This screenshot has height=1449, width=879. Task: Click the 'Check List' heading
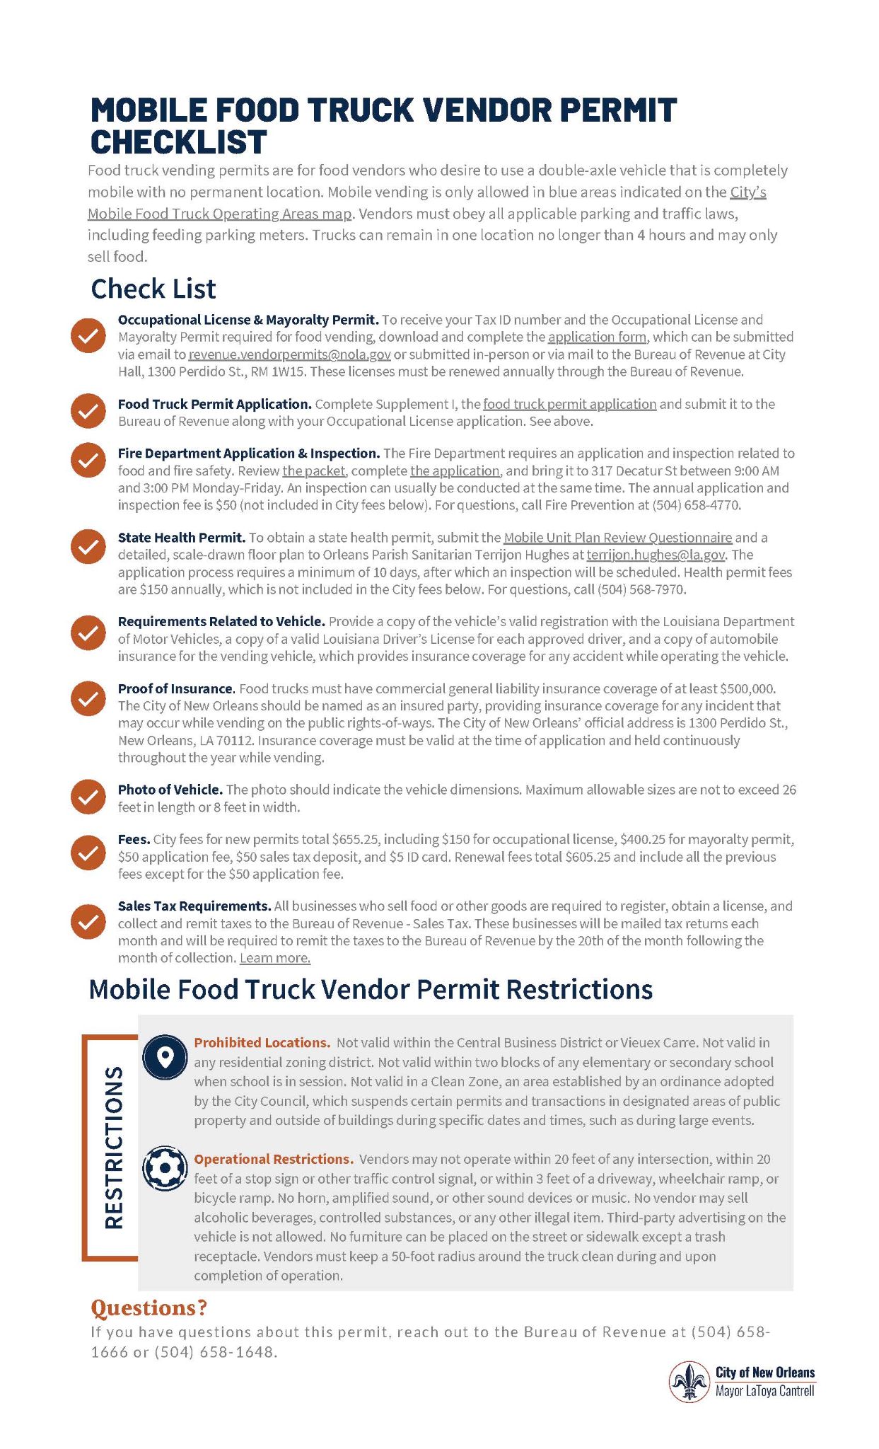(x=153, y=289)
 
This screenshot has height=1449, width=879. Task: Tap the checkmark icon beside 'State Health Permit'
(x=88, y=547)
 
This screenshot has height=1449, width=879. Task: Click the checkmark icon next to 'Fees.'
(x=88, y=853)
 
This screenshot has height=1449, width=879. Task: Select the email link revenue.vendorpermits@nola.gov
(x=289, y=354)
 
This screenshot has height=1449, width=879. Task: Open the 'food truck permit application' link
(x=569, y=404)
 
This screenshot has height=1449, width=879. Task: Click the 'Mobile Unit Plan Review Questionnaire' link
(x=617, y=538)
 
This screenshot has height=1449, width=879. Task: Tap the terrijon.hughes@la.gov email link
(x=656, y=555)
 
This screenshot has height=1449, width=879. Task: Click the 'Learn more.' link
(x=275, y=958)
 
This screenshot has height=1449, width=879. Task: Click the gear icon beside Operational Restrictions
(x=165, y=1168)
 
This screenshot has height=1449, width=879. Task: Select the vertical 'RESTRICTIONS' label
(x=114, y=1146)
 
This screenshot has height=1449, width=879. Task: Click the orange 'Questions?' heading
(x=149, y=1307)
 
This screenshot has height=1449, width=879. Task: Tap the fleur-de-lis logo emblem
(x=689, y=1381)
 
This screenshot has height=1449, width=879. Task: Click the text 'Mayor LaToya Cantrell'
(x=764, y=1390)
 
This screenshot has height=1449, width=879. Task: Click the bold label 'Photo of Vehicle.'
(x=170, y=790)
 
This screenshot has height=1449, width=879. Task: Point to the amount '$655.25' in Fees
(x=356, y=840)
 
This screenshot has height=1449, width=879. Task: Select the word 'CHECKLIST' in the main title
(x=178, y=142)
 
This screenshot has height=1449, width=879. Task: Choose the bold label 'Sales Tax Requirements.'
(x=194, y=906)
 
